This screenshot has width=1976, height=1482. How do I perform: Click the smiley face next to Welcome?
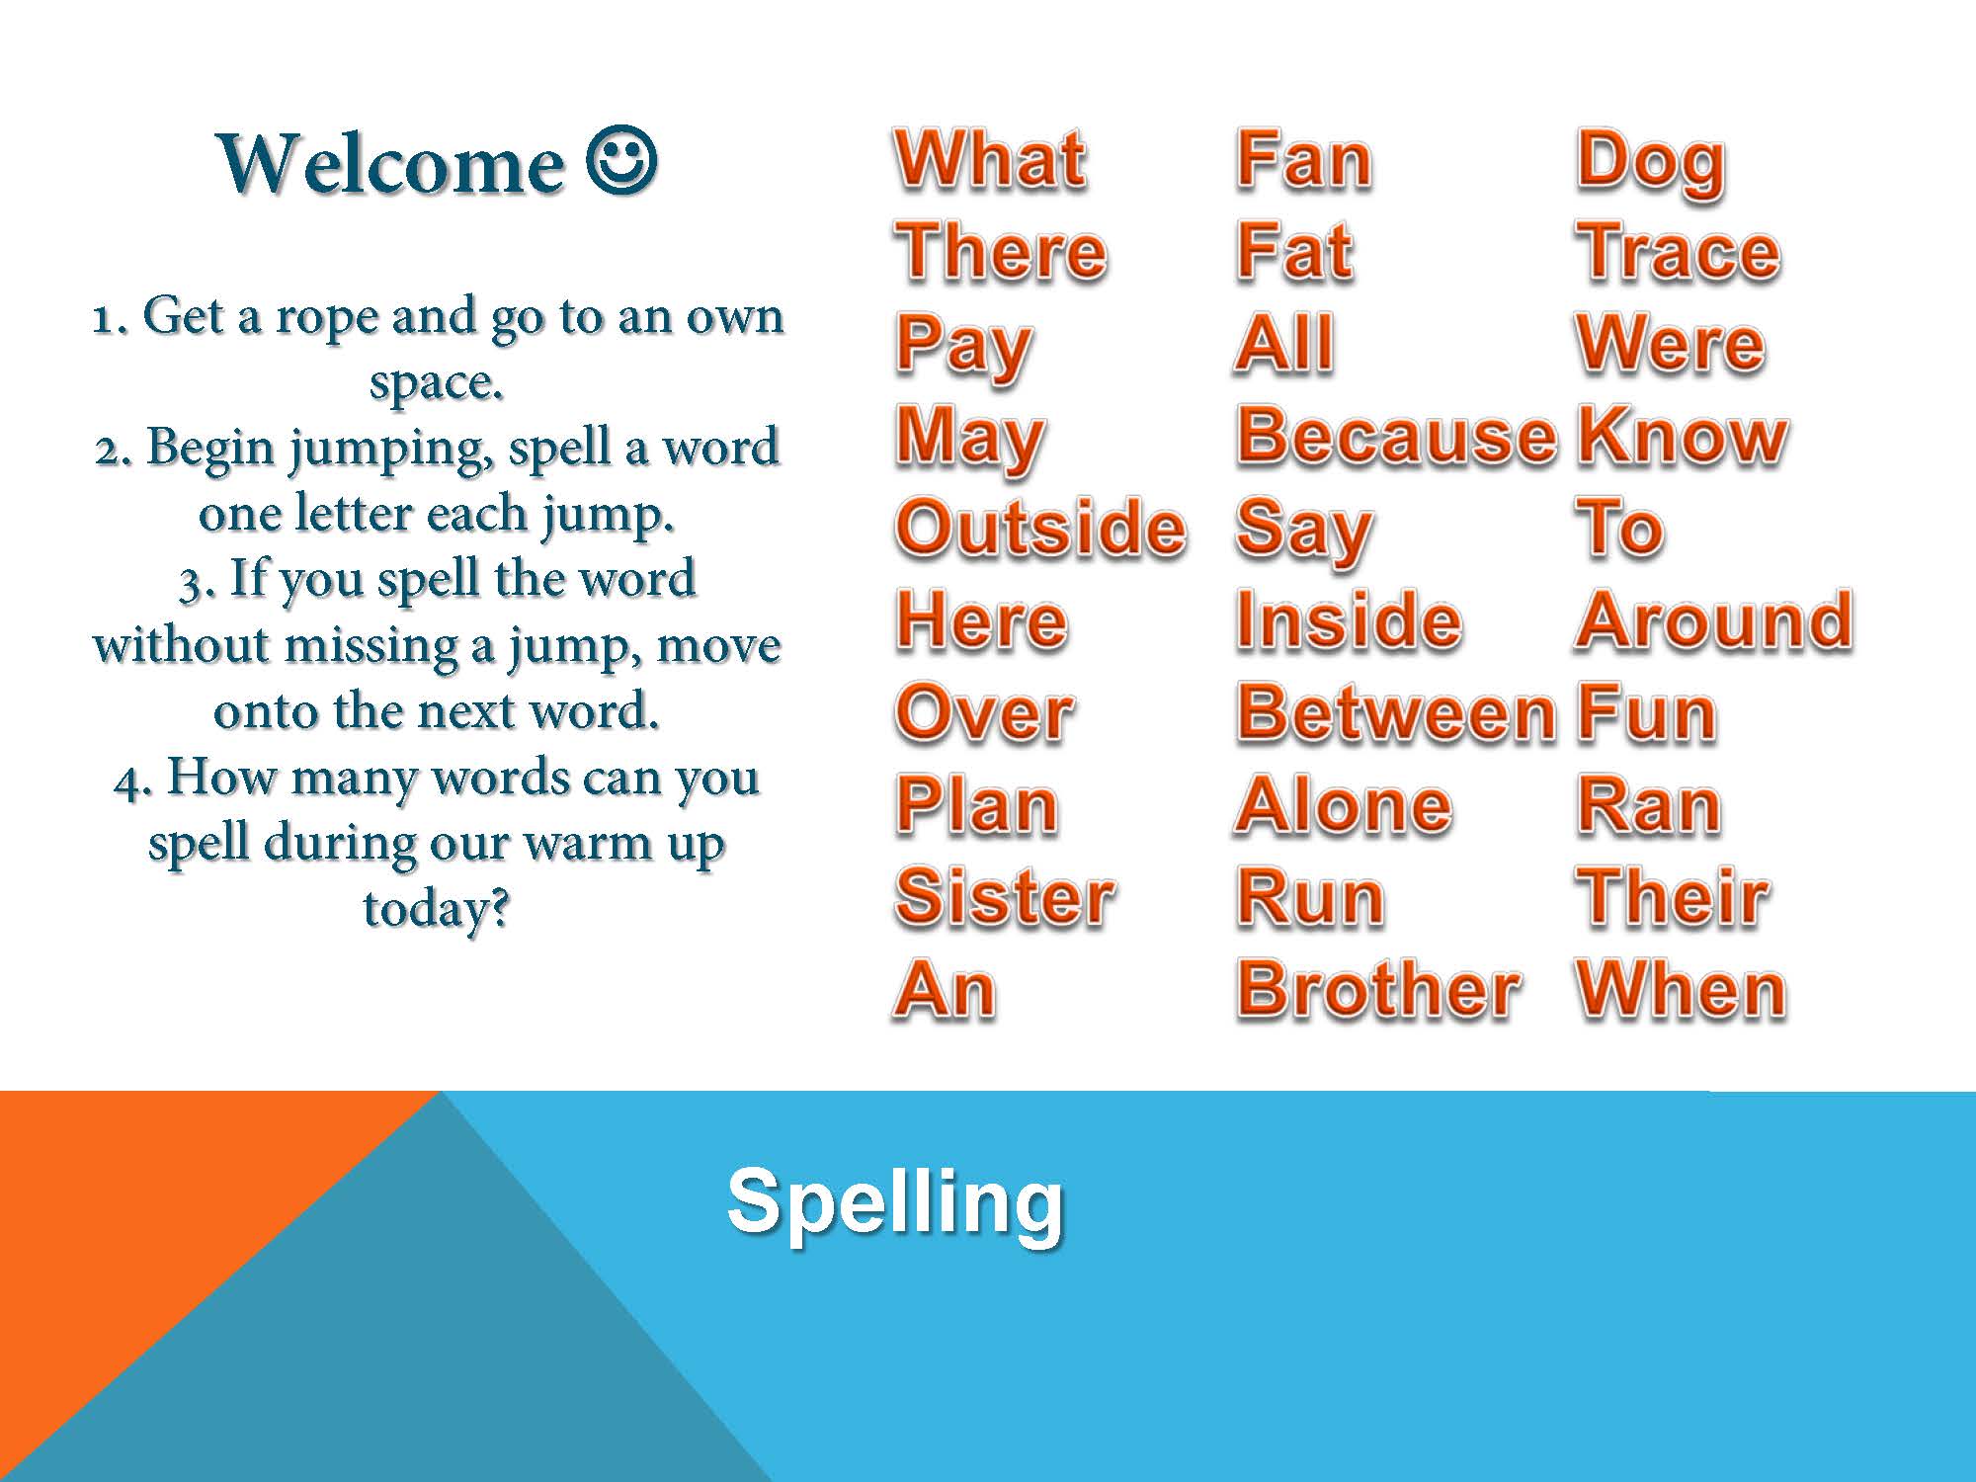622,160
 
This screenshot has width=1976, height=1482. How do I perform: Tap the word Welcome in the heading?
391,163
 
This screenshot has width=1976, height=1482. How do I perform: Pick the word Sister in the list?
1005,896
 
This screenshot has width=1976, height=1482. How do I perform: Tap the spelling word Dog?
1651,164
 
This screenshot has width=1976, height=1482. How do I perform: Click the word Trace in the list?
1679,251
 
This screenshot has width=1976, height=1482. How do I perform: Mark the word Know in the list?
1683,435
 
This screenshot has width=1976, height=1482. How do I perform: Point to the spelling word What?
990,159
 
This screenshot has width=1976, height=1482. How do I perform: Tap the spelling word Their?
1673,896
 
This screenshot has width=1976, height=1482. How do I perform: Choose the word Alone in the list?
1344,804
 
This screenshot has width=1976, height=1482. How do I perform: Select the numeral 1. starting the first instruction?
110,318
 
